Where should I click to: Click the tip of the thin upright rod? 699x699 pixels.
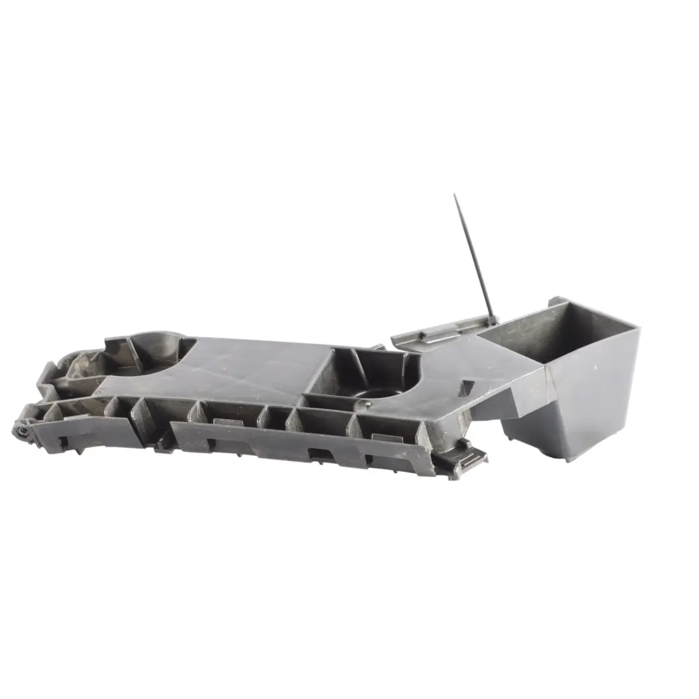click(454, 195)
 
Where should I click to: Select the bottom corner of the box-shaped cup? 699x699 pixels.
click(568, 458)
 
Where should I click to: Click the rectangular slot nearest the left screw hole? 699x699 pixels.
click(63, 441)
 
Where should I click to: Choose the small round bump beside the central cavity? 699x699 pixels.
click(367, 406)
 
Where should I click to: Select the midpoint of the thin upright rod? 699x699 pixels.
click(474, 256)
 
